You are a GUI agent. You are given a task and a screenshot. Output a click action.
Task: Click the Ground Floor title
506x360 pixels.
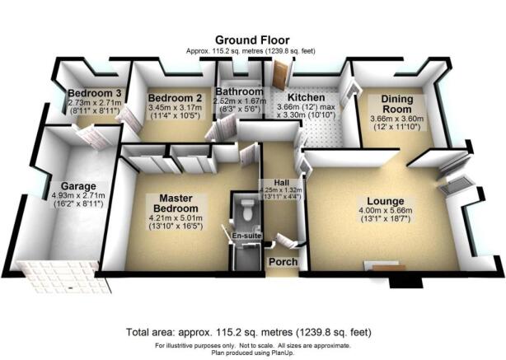[252, 40]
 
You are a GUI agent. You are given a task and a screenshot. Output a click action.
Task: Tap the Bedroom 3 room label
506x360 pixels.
[95, 93]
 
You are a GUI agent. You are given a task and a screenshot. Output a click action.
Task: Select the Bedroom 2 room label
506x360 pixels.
[175, 98]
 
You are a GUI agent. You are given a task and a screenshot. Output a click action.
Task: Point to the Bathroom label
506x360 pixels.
[240, 91]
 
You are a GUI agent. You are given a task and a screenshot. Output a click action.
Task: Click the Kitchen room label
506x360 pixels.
[306, 97]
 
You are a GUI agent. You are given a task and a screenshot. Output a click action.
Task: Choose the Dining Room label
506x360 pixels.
[397, 104]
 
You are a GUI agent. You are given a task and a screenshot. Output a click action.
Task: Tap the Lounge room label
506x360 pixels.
[386, 201]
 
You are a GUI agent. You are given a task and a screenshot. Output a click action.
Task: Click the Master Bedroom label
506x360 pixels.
[176, 203]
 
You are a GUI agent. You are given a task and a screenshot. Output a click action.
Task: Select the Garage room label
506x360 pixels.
[78, 186]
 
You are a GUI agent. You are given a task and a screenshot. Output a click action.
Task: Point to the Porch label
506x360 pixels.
[283, 262]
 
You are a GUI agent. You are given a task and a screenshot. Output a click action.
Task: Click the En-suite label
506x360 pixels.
[246, 236]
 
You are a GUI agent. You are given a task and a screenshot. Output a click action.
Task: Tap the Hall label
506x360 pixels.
[281, 183]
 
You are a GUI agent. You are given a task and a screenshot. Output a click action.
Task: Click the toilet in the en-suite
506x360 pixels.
[248, 209]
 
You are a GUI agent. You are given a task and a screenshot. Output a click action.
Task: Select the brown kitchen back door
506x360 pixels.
[279, 75]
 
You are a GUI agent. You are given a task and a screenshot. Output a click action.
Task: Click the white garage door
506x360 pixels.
[63, 277]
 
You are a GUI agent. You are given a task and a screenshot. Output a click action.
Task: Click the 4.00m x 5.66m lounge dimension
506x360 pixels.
[386, 211]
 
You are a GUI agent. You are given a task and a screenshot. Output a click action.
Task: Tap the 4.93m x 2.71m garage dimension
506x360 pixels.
[78, 195]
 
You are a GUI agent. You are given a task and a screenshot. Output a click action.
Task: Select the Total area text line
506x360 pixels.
[249, 332]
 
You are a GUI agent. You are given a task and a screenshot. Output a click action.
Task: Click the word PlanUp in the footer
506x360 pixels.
[284, 353]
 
